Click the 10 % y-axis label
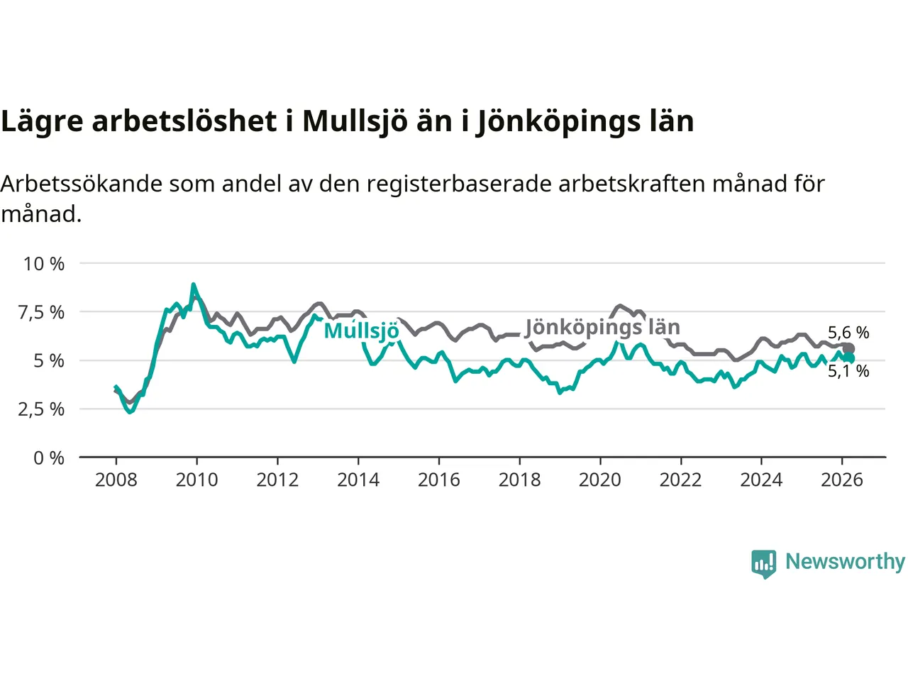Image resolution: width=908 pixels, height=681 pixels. point(44,264)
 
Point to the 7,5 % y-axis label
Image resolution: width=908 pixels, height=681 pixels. point(41,312)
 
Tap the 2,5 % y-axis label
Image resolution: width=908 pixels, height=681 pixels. point(41,409)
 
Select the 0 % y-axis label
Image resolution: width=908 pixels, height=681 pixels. point(49,458)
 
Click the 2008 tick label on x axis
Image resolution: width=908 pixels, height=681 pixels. point(116,480)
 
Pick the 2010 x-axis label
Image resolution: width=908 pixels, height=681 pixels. point(196,480)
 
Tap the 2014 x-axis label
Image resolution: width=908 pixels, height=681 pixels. point(358,480)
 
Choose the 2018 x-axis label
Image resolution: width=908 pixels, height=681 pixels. point(519,480)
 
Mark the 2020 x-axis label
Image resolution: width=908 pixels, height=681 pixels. point(600,480)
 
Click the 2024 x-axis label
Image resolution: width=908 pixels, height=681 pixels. point(761,480)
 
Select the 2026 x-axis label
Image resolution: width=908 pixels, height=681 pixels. point(842,480)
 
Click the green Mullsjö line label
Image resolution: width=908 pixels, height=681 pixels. point(362,331)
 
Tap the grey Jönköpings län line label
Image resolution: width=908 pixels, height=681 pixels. point(602,327)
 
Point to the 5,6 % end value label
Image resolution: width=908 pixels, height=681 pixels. point(848,333)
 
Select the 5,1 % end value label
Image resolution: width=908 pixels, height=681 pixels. point(848,371)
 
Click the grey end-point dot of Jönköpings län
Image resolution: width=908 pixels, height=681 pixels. point(848,349)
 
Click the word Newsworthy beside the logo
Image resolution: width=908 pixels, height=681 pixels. point(845,562)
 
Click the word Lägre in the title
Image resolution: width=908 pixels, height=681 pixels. point(43,122)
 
